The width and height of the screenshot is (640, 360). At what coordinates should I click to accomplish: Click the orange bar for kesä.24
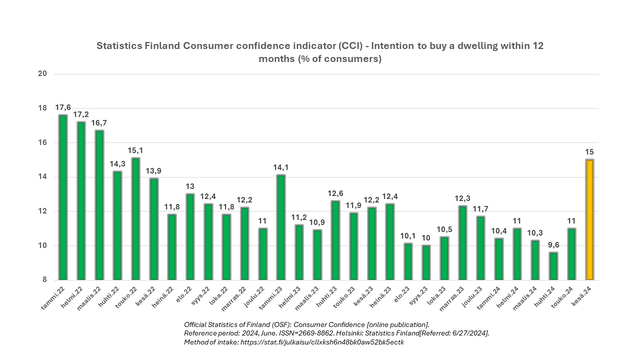pyautogui.click(x=589, y=220)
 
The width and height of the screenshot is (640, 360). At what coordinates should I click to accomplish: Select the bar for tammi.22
pyautogui.click(x=63, y=197)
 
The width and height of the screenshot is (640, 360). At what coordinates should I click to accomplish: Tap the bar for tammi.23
pyautogui.click(x=280, y=227)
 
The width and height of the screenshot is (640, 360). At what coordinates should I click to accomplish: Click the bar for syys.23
pyautogui.click(x=426, y=262)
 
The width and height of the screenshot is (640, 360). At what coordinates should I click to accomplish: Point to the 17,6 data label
pyautogui.click(x=63, y=107)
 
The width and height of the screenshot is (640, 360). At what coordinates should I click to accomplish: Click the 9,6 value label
pyautogui.click(x=553, y=245)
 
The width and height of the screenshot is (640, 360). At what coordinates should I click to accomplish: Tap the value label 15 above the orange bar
pyautogui.click(x=589, y=152)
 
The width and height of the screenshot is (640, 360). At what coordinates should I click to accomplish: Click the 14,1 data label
pyautogui.click(x=280, y=167)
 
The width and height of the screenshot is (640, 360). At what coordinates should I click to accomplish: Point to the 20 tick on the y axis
pyautogui.click(x=42, y=74)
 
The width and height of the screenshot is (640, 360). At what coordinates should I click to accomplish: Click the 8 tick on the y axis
pyautogui.click(x=44, y=280)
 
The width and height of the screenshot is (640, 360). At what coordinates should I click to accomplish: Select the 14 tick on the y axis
pyautogui.click(x=42, y=177)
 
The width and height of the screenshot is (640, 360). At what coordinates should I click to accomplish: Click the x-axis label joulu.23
pyautogui.click(x=474, y=296)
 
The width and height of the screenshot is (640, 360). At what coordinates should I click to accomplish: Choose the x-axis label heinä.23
pyautogui.click(x=383, y=296)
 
